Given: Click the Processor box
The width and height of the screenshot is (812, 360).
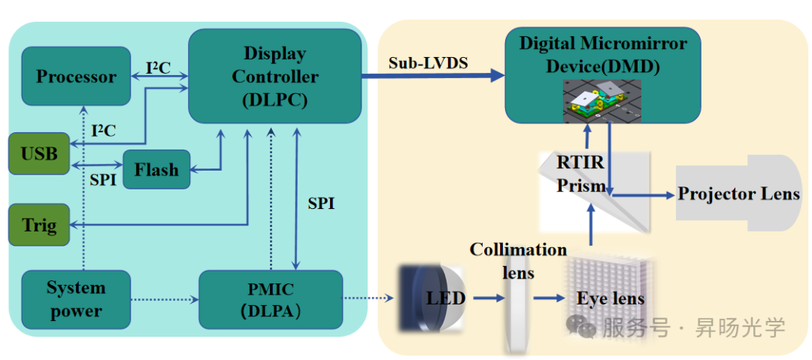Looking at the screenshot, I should tap(76, 76).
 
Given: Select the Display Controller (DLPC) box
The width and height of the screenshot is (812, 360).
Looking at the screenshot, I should tap(274, 76).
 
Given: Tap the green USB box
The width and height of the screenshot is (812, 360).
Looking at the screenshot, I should tap(39, 153).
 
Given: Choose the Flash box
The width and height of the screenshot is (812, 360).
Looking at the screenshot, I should tap(156, 170).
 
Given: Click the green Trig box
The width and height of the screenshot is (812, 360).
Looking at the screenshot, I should tap(39, 225).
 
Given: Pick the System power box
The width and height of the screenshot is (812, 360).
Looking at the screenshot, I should tap(76, 299).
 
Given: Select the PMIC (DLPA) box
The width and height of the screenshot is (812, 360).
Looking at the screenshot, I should tap(271, 299).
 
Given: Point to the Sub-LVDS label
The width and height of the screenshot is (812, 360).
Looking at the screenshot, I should tap(428, 63).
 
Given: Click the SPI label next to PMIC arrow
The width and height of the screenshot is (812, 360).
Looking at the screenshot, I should tap(321, 204).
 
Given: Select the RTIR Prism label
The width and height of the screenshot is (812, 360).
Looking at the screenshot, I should tap(580, 174).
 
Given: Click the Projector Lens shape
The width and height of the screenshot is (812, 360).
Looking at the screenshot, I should tap(738, 194).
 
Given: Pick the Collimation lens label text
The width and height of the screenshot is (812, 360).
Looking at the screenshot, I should tap(518, 259).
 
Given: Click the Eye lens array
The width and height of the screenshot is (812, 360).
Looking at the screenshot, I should tap(609, 297).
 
